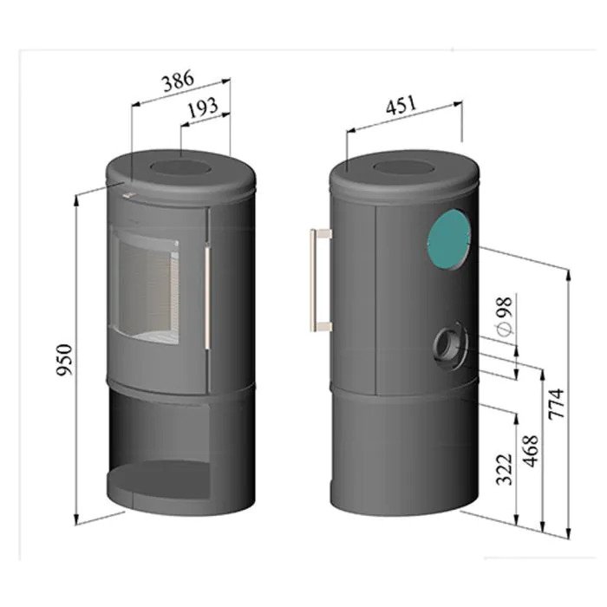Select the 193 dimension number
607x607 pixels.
[x=203, y=108]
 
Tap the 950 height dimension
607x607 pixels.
[x=64, y=360]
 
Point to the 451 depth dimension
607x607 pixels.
[x=401, y=105]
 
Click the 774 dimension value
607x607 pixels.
[x=558, y=404]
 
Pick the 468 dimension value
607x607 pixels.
[x=531, y=451]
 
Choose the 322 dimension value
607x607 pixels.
[x=505, y=469]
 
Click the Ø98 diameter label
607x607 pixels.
[x=505, y=317]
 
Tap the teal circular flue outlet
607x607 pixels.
[x=449, y=239]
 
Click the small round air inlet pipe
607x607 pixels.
[x=449, y=345]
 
